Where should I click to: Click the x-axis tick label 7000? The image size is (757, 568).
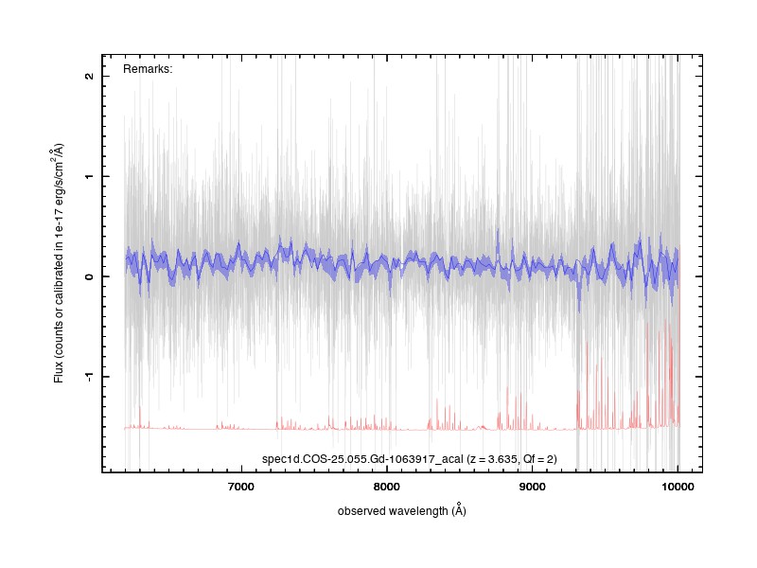pyautogui.click(x=240, y=487)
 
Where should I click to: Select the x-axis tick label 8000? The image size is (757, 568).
pyautogui.click(x=386, y=487)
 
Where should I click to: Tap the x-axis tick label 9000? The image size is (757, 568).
pyautogui.click(x=532, y=487)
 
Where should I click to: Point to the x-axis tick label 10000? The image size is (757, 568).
pyautogui.click(x=678, y=487)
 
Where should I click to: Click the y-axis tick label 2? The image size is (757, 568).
pyautogui.click(x=89, y=77)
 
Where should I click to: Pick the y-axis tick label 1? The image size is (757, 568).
pyautogui.click(x=89, y=176)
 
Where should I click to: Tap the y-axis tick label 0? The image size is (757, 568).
pyautogui.click(x=89, y=276)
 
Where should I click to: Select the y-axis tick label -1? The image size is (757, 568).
pyautogui.click(x=89, y=375)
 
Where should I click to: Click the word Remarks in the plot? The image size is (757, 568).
pyautogui.click(x=147, y=69)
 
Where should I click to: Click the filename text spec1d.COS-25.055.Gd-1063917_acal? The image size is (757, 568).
pyautogui.click(x=362, y=459)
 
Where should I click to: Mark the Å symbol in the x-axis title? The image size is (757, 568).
pyautogui.click(x=460, y=509)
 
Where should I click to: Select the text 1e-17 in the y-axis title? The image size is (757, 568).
pyautogui.click(x=59, y=221)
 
